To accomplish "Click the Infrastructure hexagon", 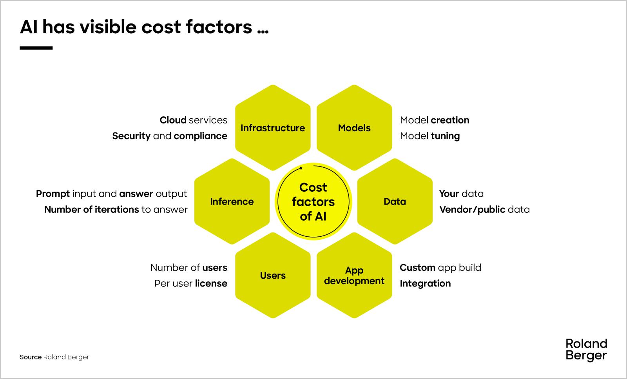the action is pos(273,128).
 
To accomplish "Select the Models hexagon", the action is pos(354,128).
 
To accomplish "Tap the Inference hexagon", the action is pos(232,201).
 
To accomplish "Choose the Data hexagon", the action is pos(395,201).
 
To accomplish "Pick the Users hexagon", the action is pos(273,275).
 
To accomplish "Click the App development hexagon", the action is pos(354,275).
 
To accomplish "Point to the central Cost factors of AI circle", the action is pos(313,201).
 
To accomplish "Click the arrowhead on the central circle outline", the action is pos(301,168).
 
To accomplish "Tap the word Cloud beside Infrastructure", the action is pos(173,120).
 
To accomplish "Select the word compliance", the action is pos(200,136).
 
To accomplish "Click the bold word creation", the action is pos(450,120).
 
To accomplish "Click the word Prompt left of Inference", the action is pos(53,194).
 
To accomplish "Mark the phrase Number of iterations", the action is pos(92,209).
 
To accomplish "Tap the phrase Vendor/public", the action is pos(472,210).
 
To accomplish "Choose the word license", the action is pos(211,283).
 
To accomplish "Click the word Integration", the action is pos(425,284).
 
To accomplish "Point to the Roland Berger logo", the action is pos(586,350).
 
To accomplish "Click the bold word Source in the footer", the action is pos(31,357).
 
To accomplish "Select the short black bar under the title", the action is pos(36,48).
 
